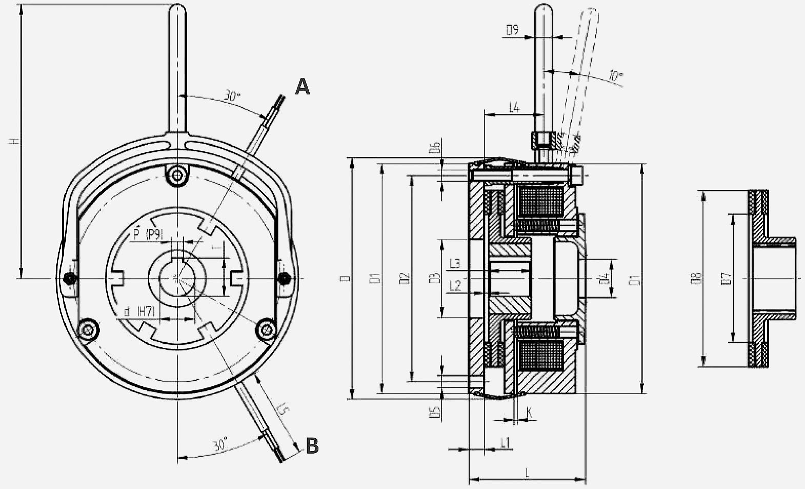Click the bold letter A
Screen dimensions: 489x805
(x=303, y=87)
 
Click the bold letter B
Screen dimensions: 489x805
(x=312, y=445)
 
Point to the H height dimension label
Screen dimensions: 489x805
(x=16, y=141)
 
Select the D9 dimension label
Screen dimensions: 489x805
(x=512, y=30)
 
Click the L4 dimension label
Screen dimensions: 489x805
(x=514, y=108)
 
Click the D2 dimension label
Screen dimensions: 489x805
(x=405, y=279)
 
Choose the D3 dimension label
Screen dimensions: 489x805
(x=435, y=278)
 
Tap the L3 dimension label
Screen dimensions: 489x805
(x=455, y=264)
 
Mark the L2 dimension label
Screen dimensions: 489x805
(x=455, y=285)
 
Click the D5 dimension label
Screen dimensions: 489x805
(x=435, y=412)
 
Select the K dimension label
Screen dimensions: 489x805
(x=529, y=412)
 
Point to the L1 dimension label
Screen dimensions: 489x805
(x=506, y=442)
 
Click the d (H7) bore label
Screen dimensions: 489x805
(x=139, y=311)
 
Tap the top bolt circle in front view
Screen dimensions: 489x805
(x=177, y=176)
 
